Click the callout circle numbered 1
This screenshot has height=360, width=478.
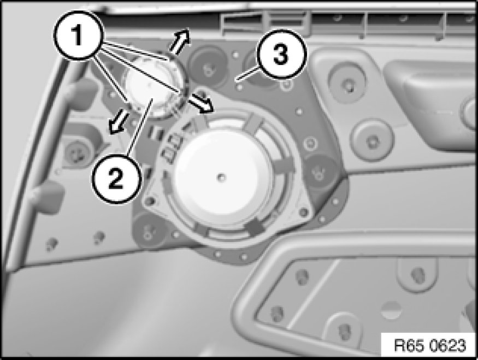(x=79, y=36)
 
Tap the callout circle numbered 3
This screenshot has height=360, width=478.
(x=280, y=55)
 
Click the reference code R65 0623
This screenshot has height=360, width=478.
(x=430, y=345)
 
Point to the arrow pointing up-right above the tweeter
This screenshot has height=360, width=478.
(x=180, y=41)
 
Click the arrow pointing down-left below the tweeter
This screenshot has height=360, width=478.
(x=119, y=122)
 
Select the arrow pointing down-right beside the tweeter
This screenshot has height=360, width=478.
(x=201, y=104)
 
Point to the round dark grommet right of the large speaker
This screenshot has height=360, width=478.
(x=321, y=172)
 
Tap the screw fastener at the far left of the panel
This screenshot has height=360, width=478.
(x=75, y=152)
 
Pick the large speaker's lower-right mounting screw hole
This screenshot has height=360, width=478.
(x=304, y=212)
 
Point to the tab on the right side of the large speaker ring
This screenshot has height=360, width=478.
(x=285, y=164)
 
